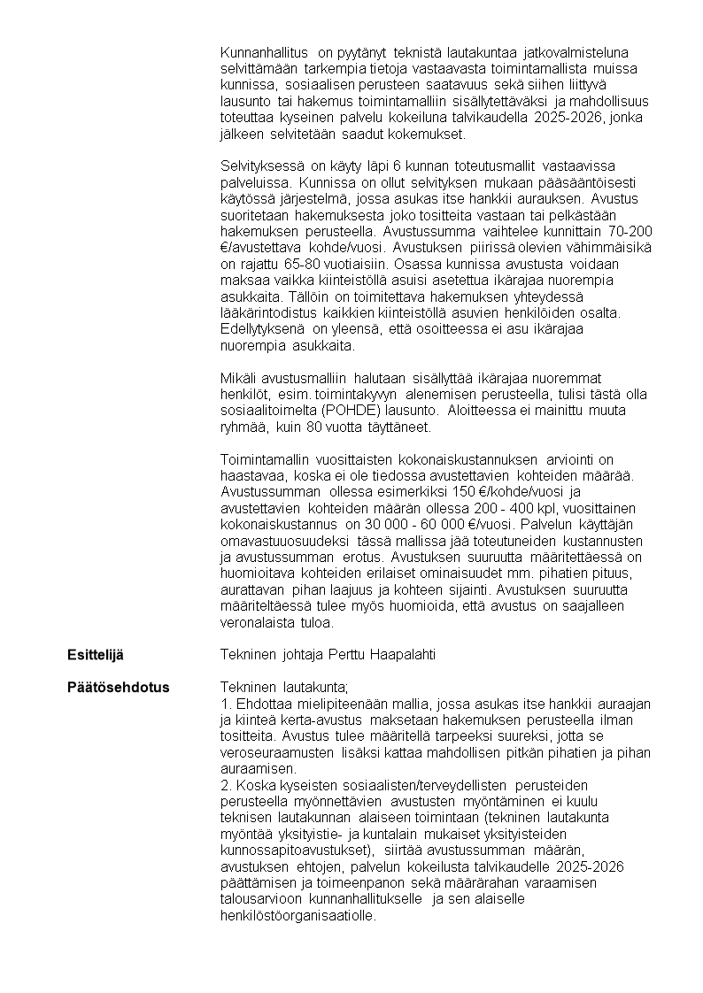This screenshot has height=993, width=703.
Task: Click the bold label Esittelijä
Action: (x=96, y=654)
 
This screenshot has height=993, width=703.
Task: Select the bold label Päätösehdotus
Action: (x=119, y=687)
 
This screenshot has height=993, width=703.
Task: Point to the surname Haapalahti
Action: (x=402, y=654)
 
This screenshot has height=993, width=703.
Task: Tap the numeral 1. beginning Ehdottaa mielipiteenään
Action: (x=225, y=704)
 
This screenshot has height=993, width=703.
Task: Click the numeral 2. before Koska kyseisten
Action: (x=225, y=784)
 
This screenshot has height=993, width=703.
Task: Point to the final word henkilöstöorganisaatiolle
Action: (x=297, y=915)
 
